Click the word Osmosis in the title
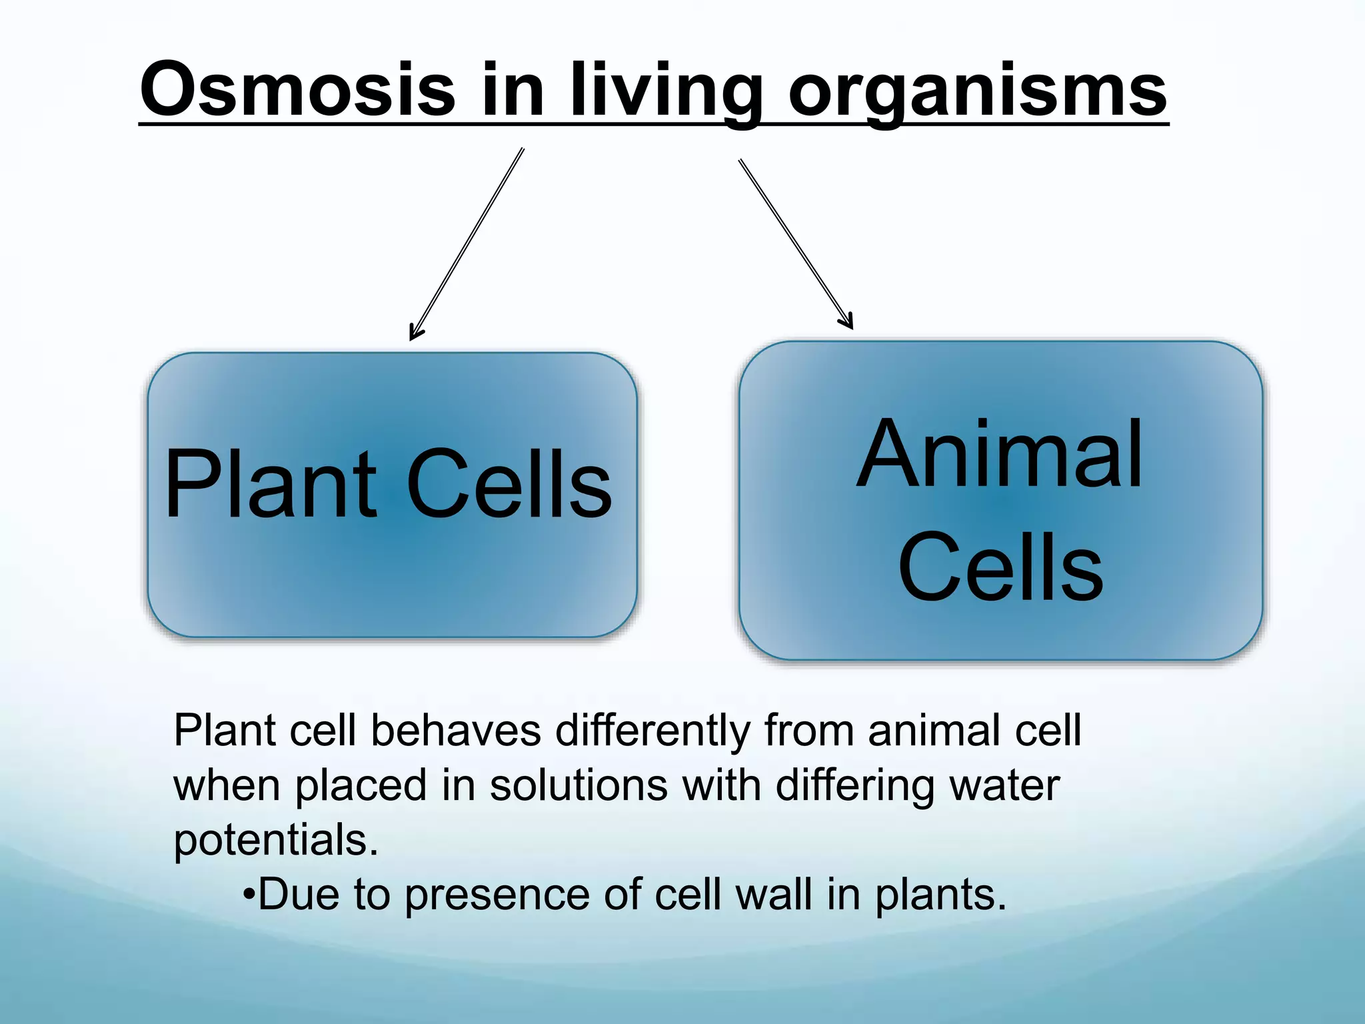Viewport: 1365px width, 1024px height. pyautogui.click(x=298, y=89)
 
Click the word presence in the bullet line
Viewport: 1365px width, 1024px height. pyautogui.click(x=497, y=895)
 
